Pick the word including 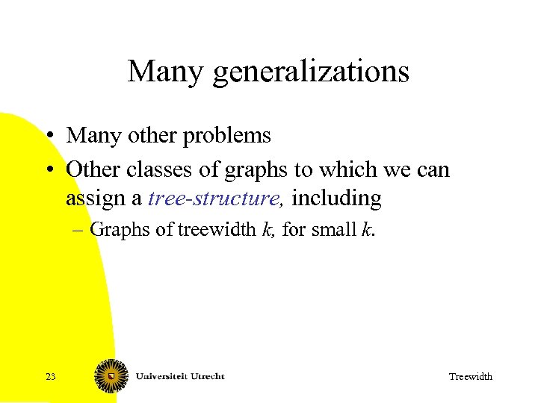pyautogui.click(x=336, y=200)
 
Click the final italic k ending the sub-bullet pyautogui.click(x=365, y=230)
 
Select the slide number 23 pyautogui.click(x=50, y=377)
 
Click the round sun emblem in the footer pyautogui.click(x=110, y=376)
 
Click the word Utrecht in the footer pyautogui.click(x=208, y=375)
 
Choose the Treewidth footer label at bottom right pyautogui.click(x=470, y=377)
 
